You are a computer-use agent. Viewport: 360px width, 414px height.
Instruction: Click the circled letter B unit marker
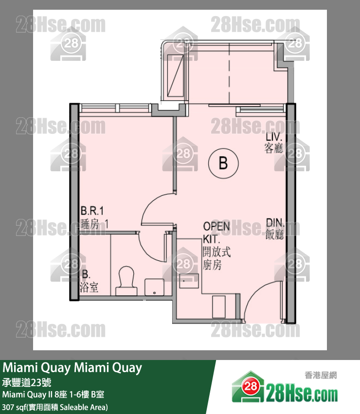tap(223, 163)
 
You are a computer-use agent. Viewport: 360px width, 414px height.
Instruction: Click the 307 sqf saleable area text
tap(55, 406)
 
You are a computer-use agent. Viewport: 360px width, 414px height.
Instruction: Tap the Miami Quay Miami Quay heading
tap(72, 368)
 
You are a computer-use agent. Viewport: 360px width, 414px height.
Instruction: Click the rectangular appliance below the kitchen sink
tap(218, 305)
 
